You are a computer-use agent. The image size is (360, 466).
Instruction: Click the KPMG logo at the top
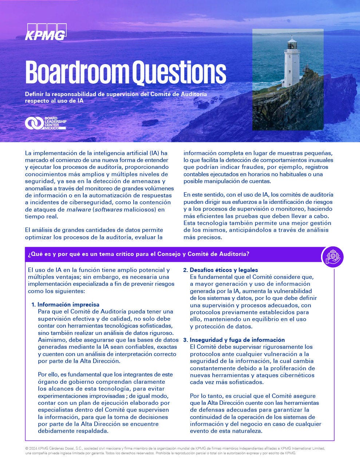[x=46, y=32]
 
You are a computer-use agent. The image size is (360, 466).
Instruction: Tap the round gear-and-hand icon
[x=332, y=257]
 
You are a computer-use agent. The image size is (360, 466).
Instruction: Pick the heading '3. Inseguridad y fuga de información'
[x=234, y=340]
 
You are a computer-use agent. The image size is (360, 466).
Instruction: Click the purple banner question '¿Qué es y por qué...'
[x=138, y=254]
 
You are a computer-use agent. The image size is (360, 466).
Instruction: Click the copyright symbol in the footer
[x=27, y=448]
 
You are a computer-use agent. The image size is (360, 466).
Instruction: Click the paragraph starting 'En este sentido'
[x=258, y=216]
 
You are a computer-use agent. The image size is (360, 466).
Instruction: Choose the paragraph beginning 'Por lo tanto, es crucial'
[x=255, y=413]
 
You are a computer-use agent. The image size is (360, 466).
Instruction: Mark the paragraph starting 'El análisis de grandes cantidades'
[x=94, y=233]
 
